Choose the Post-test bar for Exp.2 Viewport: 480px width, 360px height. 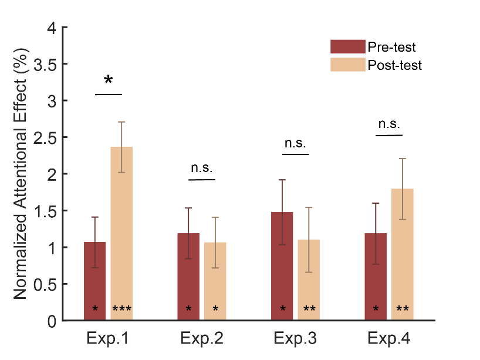215,281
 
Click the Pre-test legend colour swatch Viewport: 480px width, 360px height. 347,46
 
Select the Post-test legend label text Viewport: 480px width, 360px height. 394,65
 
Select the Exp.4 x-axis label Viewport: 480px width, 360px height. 389,339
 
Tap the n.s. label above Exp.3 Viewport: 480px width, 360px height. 295,143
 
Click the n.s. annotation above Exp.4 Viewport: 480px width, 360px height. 389,124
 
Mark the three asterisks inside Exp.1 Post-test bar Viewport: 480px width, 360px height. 121,309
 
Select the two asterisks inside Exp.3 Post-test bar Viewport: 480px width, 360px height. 309,309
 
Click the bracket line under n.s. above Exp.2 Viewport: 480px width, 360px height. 202,179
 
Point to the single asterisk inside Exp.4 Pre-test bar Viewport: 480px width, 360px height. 376,309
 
